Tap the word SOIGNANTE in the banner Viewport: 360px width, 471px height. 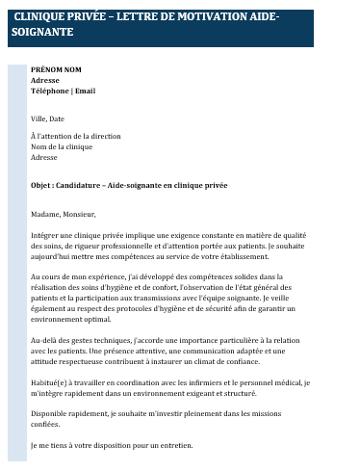click(43, 33)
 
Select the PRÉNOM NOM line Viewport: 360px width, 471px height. click(56, 70)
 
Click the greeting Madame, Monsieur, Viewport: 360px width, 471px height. click(64, 214)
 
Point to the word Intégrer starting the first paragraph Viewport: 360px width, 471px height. click(47, 235)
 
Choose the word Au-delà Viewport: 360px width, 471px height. click(45, 341)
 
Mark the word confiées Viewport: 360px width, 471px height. click(46, 425)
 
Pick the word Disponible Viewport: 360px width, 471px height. click(50, 414)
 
